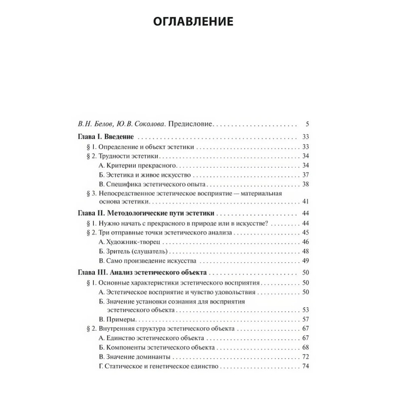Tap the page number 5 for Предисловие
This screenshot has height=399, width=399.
tap(307, 124)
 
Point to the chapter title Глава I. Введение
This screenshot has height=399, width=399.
tap(105, 136)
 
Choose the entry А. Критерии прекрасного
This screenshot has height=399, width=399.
tap(138, 165)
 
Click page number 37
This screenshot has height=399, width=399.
tap(306, 175)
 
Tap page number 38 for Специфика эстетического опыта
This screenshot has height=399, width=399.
tap(306, 184)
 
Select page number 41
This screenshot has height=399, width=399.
tap(306, 201)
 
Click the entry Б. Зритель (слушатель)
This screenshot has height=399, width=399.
tap(133, 251)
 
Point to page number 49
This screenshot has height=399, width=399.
tap(306, 261)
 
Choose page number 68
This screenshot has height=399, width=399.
tap(306, 347)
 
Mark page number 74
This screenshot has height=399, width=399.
tap(306, 367)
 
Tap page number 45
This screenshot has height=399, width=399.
tap(306, 232)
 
